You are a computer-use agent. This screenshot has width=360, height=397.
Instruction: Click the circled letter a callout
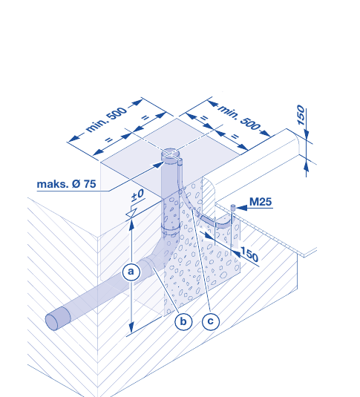(x=131, y=272)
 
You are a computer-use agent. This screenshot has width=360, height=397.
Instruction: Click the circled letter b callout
(x=183, y=321)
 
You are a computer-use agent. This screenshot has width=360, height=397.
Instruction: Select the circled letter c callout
(x=211, y=321)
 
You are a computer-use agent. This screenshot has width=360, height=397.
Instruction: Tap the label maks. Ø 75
(x=66, y=184)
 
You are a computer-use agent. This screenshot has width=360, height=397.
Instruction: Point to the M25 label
(x=261, y=202)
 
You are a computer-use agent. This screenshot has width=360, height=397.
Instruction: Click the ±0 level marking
(x=138, y=195)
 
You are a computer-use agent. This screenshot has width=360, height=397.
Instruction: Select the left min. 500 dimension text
(x=106, y=119)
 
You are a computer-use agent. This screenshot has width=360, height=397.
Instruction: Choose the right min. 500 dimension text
(x=239, y=117)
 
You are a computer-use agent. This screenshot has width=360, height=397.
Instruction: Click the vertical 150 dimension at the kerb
(x=301, y=115)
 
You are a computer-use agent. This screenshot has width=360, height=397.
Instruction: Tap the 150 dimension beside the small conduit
(x=249, y=255)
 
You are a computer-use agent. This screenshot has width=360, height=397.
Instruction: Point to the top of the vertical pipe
(x=171, y=154)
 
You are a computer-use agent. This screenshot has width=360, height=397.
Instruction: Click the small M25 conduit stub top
(x=233, y=207)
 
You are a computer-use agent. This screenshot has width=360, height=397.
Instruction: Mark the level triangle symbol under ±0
(x=131, y=212)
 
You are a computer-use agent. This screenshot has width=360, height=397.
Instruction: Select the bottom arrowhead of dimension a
(x=131, y=329)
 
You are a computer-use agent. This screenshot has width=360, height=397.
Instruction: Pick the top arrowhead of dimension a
(x=131, y=225)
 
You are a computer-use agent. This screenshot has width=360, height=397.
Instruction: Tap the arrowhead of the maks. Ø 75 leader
(x=158, y=165)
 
